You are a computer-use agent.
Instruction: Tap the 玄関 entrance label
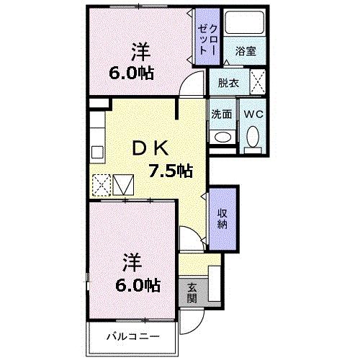tap(192, 292)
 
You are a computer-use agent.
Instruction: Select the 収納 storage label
tap(222, 217)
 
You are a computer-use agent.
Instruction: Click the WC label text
tap(252, 114)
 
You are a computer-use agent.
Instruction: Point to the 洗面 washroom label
tap(221, 114)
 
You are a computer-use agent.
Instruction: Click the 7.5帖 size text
tap(170, 171)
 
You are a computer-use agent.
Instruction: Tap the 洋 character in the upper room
tap(140, 52)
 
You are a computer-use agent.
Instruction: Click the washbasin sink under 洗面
tap(222, 136)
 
